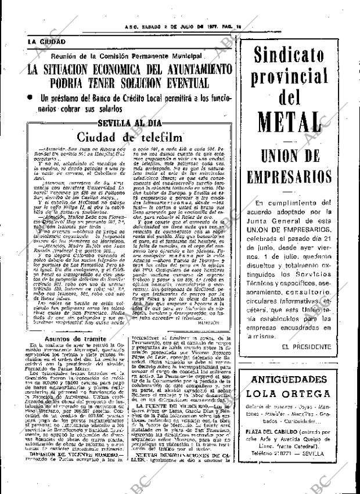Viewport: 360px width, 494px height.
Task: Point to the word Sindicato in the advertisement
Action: coord(297,57)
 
